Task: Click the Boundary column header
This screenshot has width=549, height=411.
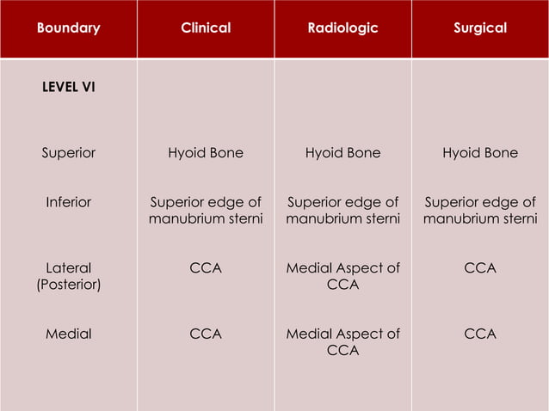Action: [x=68, y=28]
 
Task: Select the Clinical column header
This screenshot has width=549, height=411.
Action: [x=206, y=28]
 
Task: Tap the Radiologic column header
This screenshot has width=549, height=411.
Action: [x=342, y=28]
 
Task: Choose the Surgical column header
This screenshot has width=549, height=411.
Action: [x=480, y=28]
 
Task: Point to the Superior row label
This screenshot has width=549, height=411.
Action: [x=68, y=153]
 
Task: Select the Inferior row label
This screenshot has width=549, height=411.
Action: [x=68, y=202]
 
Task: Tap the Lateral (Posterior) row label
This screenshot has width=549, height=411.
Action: [x=68, y=276]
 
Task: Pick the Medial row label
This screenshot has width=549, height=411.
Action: [x=68, y=334]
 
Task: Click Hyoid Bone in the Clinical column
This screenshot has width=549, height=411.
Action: [x=206, y=153]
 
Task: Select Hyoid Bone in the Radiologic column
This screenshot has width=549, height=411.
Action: [x=342, y=153]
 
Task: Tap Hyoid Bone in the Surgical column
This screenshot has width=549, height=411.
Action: [x=480, y=153]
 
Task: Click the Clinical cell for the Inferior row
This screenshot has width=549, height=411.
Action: [x=206, y=211]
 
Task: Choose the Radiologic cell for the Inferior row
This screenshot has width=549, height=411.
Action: [x=342, y=211]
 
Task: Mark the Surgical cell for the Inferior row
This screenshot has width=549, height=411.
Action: [x=480, y=211]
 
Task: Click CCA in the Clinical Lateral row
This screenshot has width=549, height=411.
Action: [x=206, y=268]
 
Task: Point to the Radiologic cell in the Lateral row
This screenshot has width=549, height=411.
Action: [x=342, y=276]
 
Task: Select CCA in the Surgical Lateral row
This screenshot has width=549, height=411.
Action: [x=480, y=268]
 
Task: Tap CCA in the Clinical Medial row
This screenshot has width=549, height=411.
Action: [x=206, y=334]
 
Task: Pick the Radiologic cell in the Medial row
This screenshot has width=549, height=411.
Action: [x=342, y=341]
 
